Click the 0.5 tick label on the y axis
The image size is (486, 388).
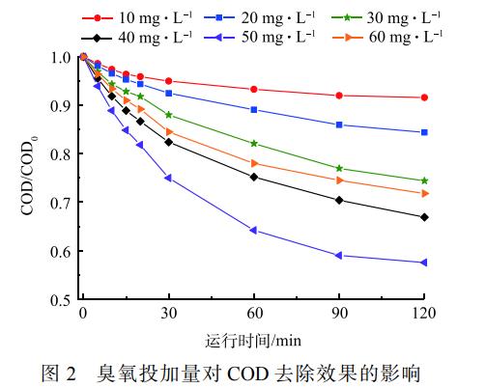[x=62, y=300]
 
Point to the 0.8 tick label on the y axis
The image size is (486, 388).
[x=62, y=154]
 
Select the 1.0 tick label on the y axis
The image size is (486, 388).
[x=62, y=57]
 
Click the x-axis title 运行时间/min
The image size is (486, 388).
[x=253, y=339]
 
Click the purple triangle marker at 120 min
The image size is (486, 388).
[x=424, y=263]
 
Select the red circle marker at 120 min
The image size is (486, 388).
[x=424, y=97]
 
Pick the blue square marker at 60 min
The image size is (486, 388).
[x=254, y=110]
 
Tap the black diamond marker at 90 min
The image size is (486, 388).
[x=339, y=200]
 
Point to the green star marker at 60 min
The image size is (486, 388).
[x=254, y=144]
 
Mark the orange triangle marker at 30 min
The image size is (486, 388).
[x=169, y=131]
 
